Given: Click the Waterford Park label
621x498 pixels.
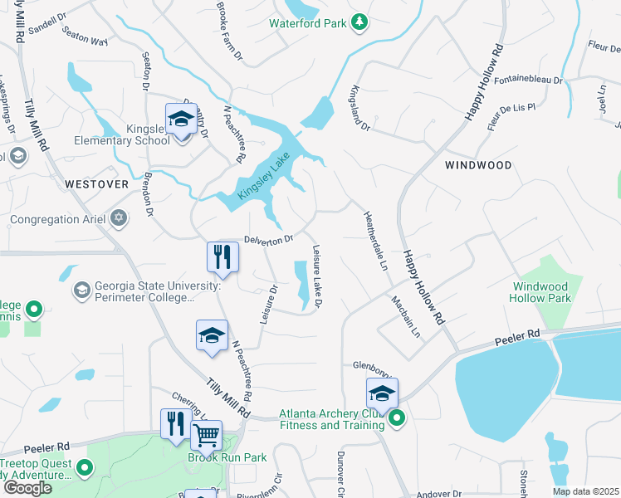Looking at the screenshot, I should [307, 23].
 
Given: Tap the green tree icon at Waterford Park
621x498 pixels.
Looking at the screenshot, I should [359, 22].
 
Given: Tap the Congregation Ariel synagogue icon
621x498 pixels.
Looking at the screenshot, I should [120, 218].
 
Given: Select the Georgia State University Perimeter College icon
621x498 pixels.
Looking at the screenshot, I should [81, 290].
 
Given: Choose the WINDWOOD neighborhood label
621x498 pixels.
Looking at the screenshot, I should [478, 165].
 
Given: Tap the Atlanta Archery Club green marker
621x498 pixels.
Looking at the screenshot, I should [397, 419].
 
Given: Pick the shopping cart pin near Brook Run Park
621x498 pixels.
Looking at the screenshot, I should [206, 434].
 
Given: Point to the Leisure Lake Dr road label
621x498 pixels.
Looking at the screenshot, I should [316, 276].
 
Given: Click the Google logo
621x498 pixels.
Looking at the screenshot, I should [27, 488].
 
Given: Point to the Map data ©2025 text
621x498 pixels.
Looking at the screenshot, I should [584, 491].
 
